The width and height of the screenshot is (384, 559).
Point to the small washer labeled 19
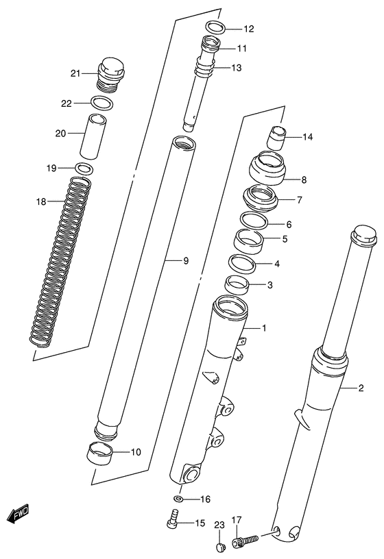coord(85,169)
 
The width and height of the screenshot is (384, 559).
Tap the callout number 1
coord(264,328)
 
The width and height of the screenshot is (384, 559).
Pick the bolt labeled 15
coord(173,522)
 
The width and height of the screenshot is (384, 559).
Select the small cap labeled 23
coord(220,546)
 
